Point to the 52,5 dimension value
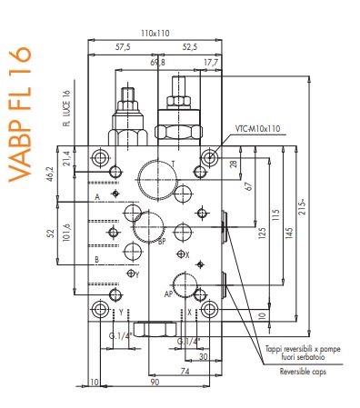pyautogui.click(x=190, y=46)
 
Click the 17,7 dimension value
pyautogui.click(x=210, y=63)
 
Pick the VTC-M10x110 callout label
pyautogui.click(x=259, y=128)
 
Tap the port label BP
pyautogui.click(x=161, y=243)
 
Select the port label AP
pyautogui.click(x=169, y=294)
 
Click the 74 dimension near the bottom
pyautogui.click(x=185, y=372)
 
